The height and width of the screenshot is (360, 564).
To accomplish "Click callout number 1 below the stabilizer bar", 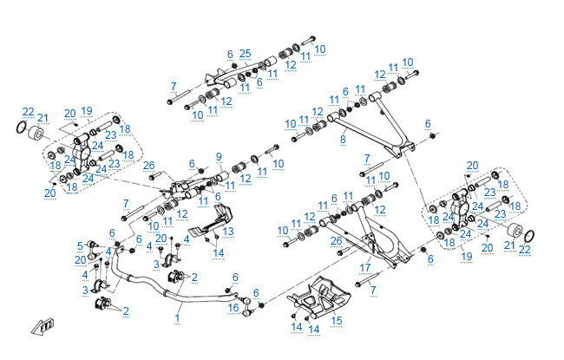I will click(177, 318).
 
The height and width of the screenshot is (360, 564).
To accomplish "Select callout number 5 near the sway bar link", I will click(80, 245).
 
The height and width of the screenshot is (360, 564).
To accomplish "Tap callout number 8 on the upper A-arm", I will click(343, 139).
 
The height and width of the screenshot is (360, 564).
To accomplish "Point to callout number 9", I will click(219, 158).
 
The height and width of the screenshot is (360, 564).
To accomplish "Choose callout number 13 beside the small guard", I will click(228, 231).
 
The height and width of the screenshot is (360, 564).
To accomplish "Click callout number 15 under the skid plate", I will click(337, 320).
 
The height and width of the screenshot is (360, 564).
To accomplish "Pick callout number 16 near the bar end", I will click(233, 307).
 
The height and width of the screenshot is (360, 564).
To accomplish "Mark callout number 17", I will click(365, 266).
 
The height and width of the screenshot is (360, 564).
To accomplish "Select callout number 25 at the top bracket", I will click(246, 54).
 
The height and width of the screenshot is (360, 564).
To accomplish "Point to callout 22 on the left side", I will click(29, 111).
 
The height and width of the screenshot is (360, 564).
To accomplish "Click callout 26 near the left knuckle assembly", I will click(148, 165).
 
